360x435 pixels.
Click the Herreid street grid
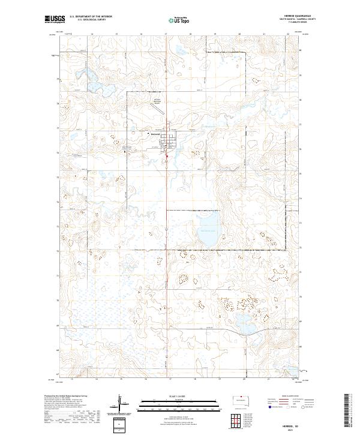(173, 143)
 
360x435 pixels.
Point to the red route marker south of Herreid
(167, 157)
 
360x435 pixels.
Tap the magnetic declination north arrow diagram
(121, 406)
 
